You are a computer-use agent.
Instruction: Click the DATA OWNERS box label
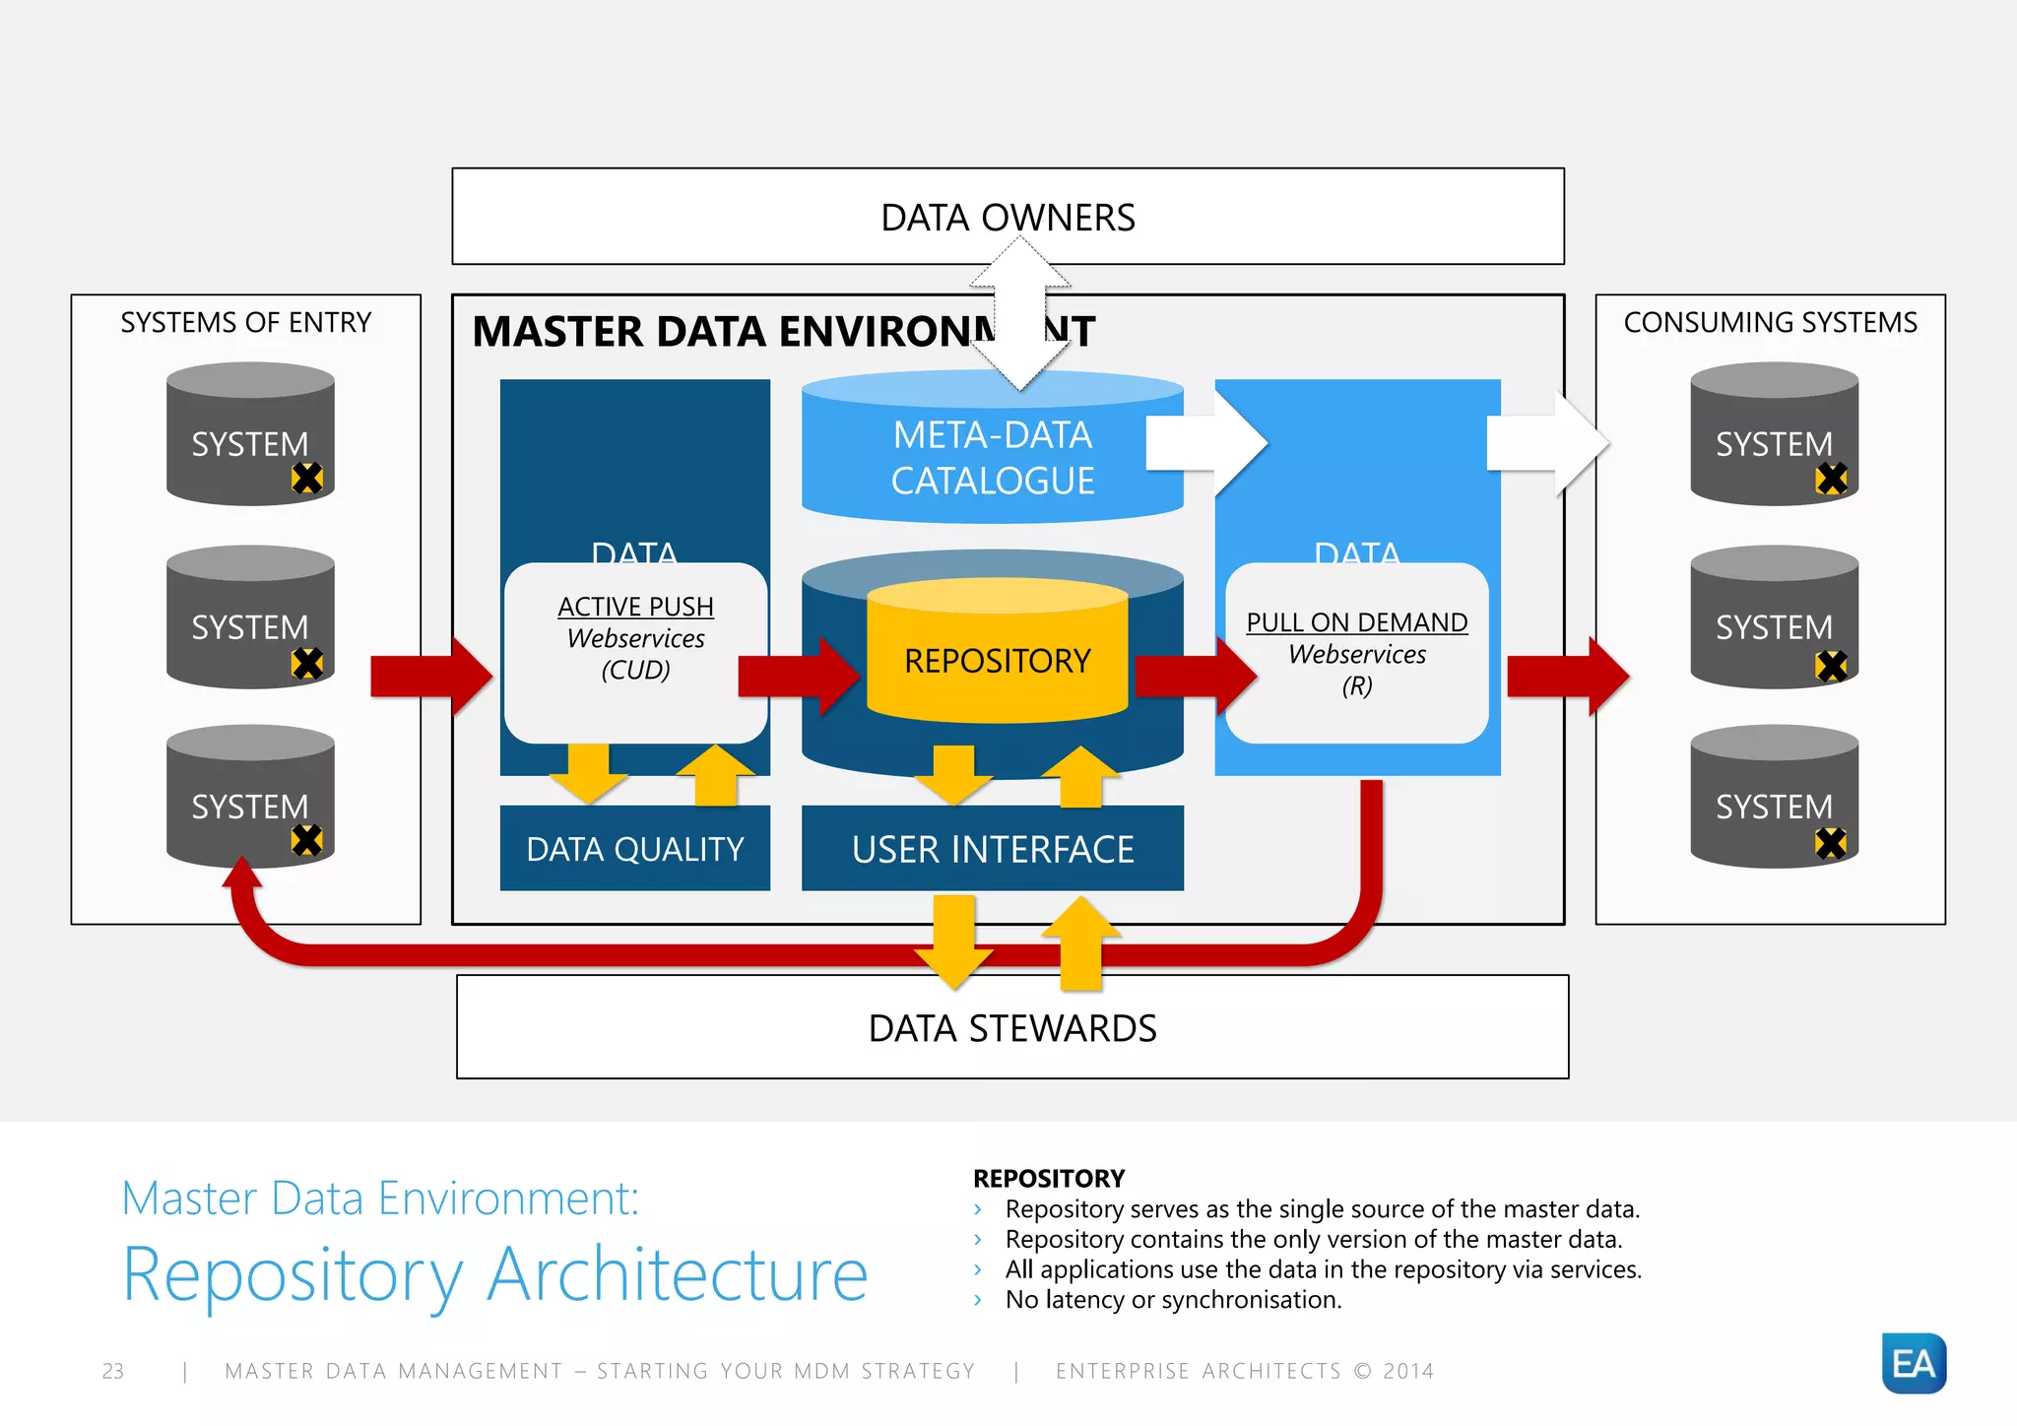(x=1008, y=218)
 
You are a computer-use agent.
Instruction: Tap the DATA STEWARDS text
(x=1011, y=1028)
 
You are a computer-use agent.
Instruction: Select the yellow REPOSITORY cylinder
(x=997, y=661)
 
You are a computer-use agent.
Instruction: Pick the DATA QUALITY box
(x=634, y=849)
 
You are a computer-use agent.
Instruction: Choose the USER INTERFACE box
(x=992, y=849)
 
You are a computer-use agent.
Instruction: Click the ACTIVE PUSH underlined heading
(x=635, y=607)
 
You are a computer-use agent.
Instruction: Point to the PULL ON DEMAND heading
(x=1356, y=622)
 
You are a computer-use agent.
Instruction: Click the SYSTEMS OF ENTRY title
(x=245, y=323)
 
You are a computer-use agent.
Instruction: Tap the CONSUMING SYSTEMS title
(x=1770, y=323)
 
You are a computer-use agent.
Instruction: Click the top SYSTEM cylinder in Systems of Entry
(x=250, y=434)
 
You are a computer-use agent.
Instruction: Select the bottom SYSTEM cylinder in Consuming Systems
(x=1774, y=797)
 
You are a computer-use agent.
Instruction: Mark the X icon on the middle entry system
(x=307, y=663)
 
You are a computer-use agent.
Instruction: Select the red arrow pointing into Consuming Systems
(x=1566, y=677)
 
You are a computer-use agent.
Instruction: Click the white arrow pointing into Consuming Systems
(x=1546, y=443)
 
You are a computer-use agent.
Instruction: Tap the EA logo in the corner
(x=1913, y=1363)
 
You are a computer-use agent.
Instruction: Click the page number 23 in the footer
(x=113, y=1371)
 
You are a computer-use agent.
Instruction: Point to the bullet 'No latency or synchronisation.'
(x=1173, y=1300)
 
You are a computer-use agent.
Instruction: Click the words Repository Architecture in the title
(x=494, y=1274)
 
